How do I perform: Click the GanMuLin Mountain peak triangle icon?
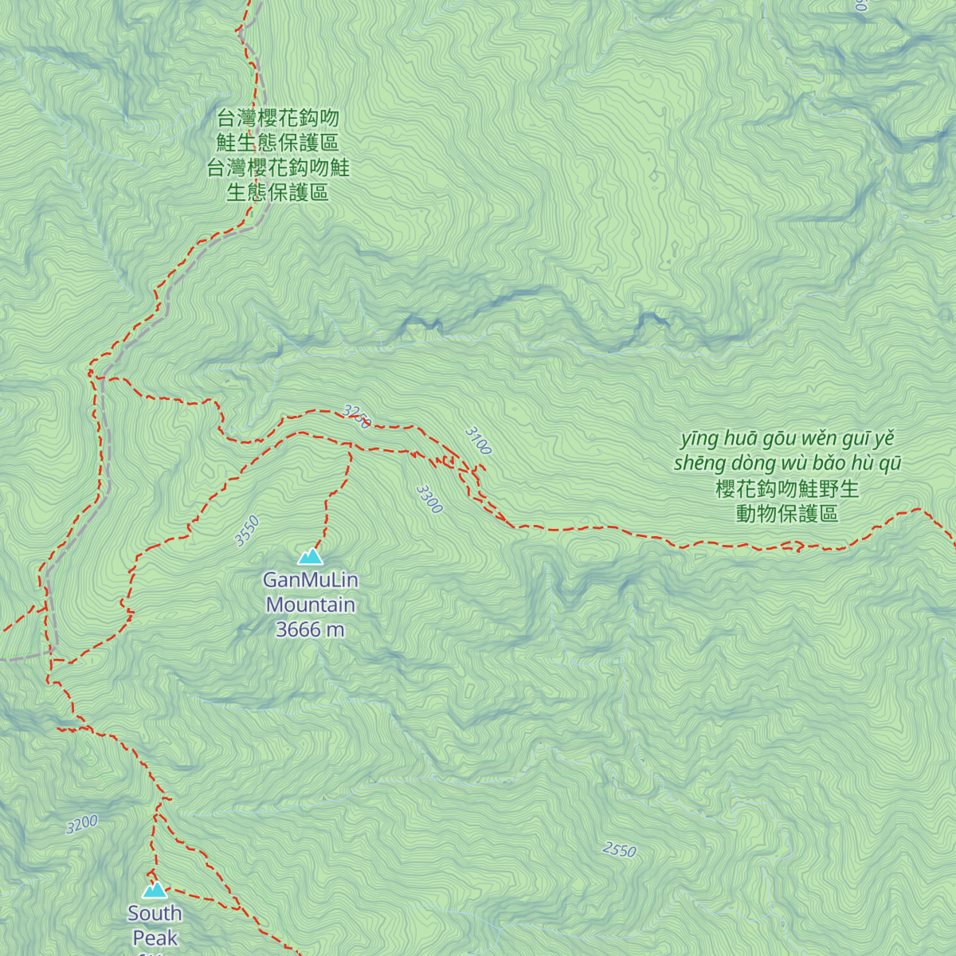310,556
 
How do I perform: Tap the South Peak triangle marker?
155,889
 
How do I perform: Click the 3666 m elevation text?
310,629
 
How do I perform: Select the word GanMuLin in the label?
310,580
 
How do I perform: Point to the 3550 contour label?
247,531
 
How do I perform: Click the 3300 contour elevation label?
429,500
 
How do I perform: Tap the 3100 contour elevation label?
478,441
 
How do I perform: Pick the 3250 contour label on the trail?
357,416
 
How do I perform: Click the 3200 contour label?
82,824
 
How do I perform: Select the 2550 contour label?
619,850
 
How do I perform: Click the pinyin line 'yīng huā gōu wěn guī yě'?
787,439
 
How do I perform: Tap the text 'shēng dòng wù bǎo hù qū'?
787,464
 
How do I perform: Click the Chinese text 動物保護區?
787,514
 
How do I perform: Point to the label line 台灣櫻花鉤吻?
278,119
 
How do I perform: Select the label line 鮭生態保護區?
278,143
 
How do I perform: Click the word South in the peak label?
155,913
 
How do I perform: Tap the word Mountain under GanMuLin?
310,605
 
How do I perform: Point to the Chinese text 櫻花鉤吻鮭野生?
787,488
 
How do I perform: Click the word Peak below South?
155,938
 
